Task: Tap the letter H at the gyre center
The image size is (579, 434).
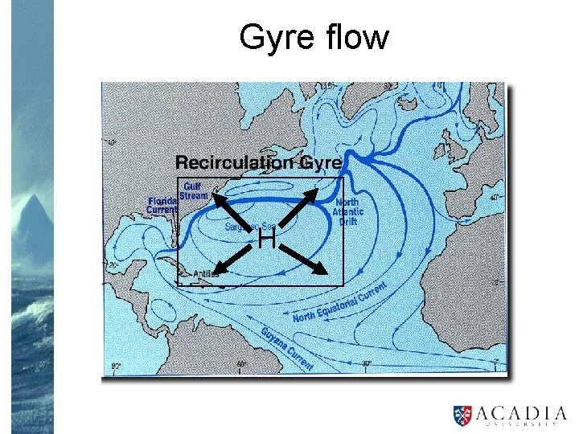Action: coord(267,239)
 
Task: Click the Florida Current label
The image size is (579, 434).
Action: coord(162,205)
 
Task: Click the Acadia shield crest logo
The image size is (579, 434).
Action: coord(463,414)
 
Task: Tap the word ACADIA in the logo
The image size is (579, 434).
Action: coord(517,411)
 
